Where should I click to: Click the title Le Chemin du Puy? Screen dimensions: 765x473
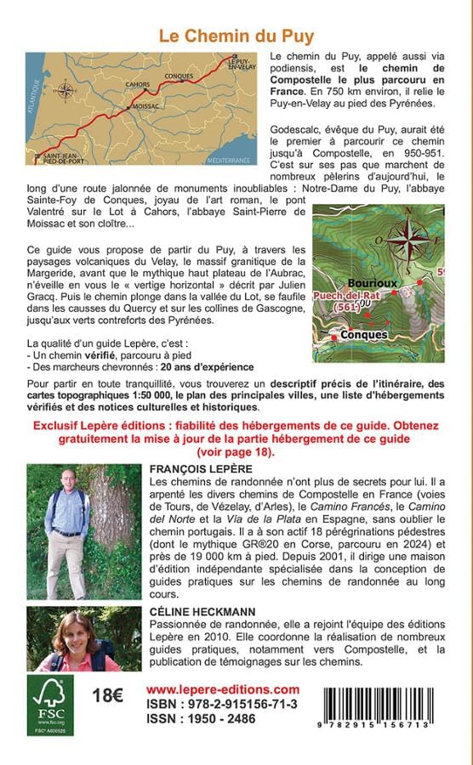(x=236, y=36)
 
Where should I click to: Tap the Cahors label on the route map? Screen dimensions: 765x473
(x=135, y=85)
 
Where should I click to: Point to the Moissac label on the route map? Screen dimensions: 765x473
(x=145, y=107)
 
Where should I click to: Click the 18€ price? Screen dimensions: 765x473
(x=107, y=695)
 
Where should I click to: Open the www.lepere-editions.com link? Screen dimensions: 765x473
(x=223, y=689)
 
